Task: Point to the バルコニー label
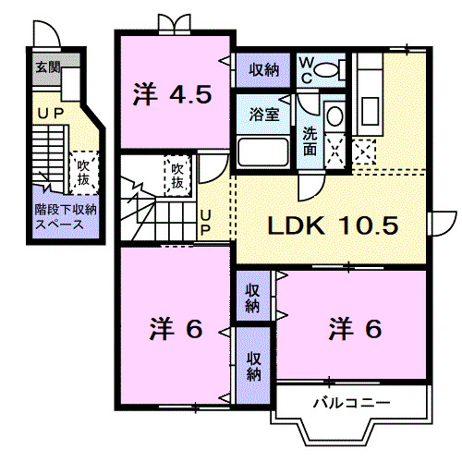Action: click(x=350, y=403)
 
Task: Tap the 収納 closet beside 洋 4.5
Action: click(x=263, y=68)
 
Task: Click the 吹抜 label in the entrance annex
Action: click(x=83, y=172)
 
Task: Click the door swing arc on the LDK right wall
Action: click(x=441, y=225)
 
